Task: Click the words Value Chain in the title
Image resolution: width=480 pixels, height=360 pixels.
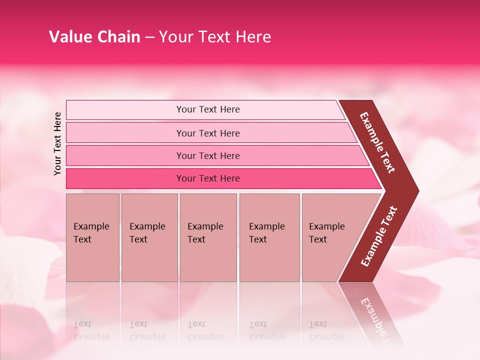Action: tap(94, 37)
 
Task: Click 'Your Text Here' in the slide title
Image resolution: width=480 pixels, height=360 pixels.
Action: tap(215, 37)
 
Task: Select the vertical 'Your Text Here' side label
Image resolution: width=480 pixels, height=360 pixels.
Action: tap(57, 143)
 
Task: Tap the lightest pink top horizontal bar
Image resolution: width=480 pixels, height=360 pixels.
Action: tap(208, 109)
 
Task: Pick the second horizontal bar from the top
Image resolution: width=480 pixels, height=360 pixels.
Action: tap(208, 133)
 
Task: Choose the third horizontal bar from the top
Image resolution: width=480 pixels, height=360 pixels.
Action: tap(208, 155)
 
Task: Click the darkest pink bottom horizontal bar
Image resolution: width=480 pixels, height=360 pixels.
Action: tap(208, 178)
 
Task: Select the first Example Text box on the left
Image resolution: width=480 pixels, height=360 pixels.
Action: tap(92, 237)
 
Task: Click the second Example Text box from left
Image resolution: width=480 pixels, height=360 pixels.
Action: tap(149, 237)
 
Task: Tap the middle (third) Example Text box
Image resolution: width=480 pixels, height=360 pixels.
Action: tap(208, 237)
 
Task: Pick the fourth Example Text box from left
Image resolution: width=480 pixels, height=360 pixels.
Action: tap(269, 237)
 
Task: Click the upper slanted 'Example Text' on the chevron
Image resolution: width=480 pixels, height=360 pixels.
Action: tap(377, 142)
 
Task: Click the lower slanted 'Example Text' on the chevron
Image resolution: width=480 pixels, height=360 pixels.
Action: tap(379, 236)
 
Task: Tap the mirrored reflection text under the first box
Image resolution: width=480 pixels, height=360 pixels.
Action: tap(91, 330)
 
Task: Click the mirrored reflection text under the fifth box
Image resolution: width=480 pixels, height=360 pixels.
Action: tap(326, 330)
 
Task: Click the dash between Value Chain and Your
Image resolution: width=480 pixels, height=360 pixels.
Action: tap(149, 37)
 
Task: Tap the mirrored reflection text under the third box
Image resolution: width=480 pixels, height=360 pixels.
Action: tap(205, 330)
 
